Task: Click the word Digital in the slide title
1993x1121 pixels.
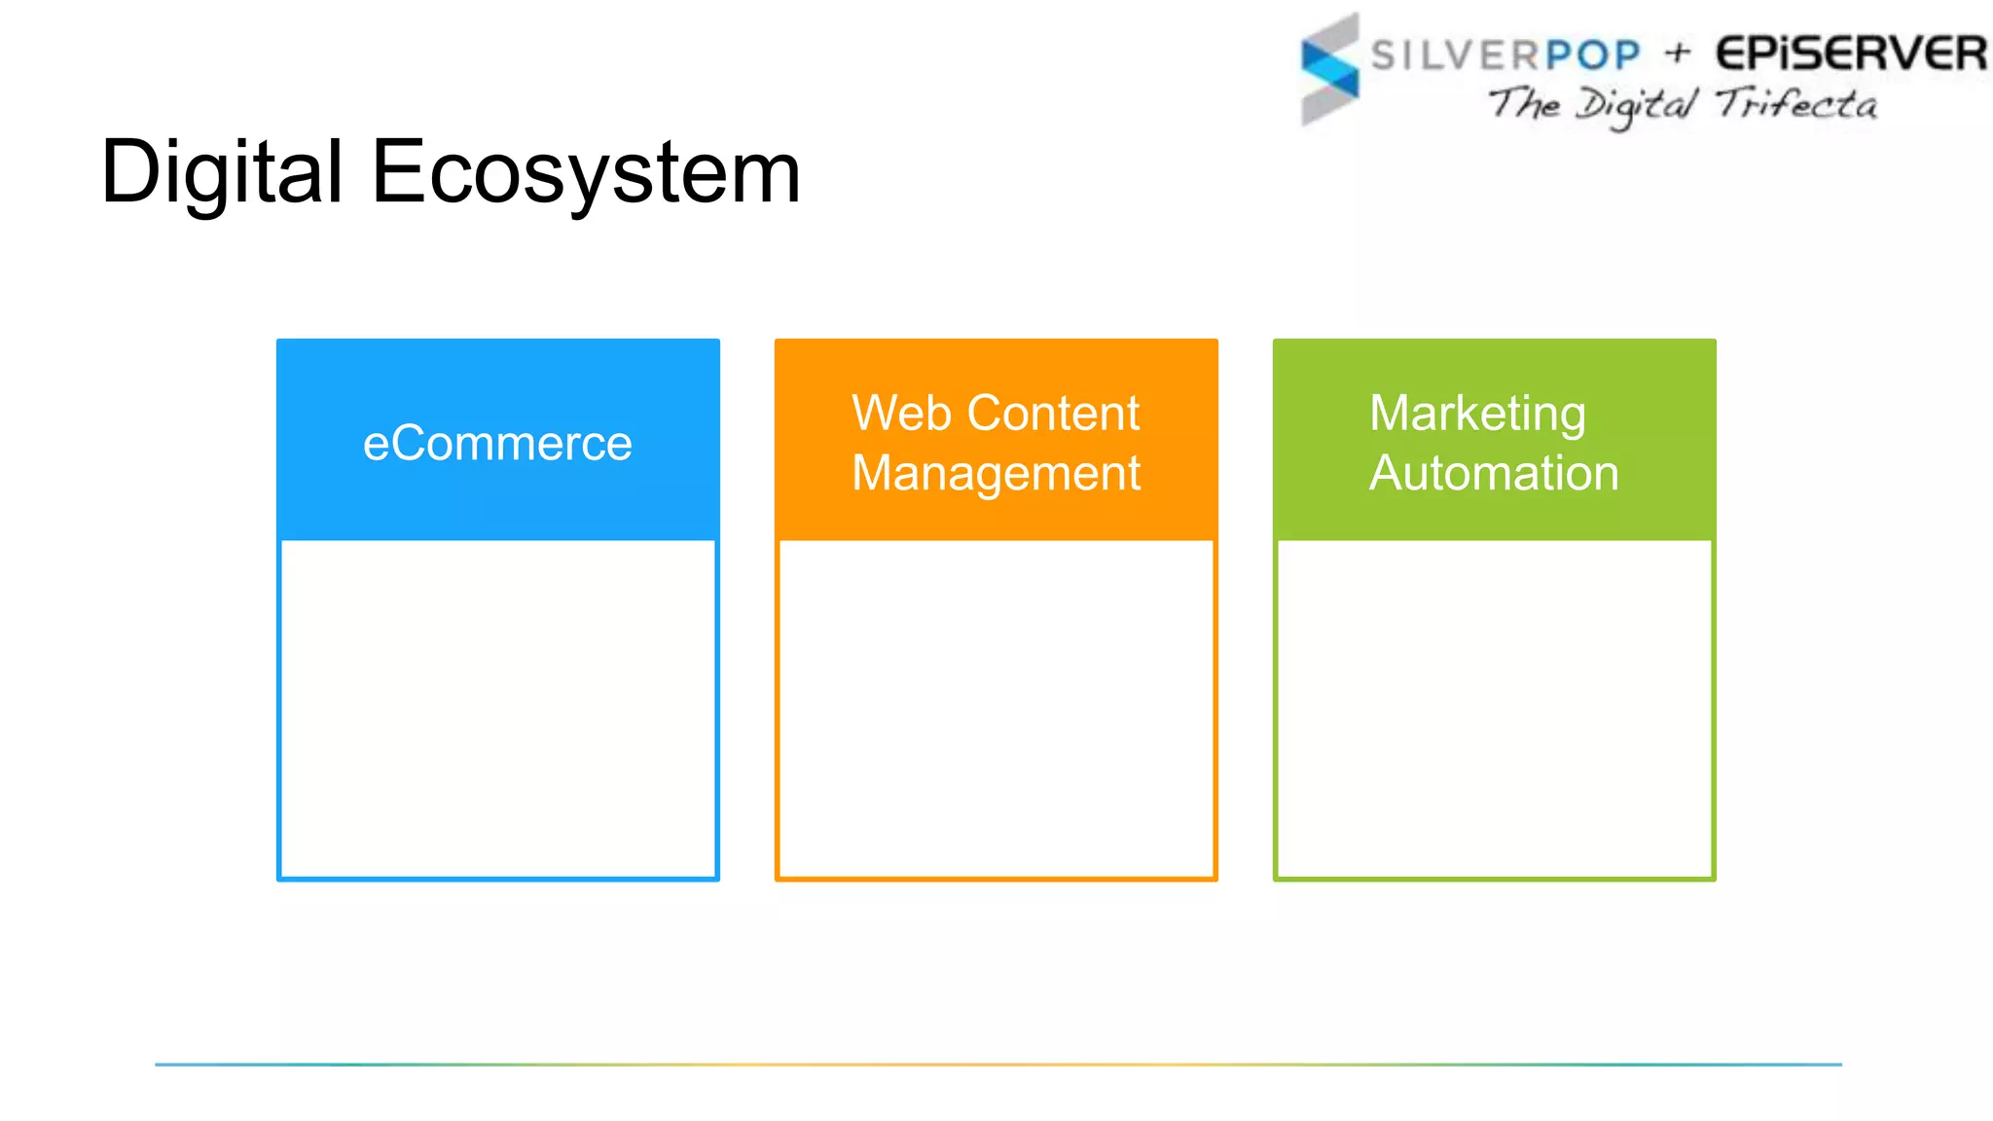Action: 222,172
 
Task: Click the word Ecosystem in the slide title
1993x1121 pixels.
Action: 586,172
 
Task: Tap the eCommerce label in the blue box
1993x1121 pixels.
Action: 497,444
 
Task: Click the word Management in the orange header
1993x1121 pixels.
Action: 996,474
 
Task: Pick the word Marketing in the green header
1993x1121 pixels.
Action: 1477,414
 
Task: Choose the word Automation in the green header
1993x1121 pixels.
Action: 1494,473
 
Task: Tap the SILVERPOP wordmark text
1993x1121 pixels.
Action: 1504,54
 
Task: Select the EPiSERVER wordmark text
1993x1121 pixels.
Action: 1851,54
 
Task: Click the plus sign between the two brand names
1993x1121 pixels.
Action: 1678,53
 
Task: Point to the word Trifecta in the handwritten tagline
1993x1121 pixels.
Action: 1796,103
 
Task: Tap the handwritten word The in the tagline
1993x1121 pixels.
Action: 1524,102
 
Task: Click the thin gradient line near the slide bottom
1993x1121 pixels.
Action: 997,1064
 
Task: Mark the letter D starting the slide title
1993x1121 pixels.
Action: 130,172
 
